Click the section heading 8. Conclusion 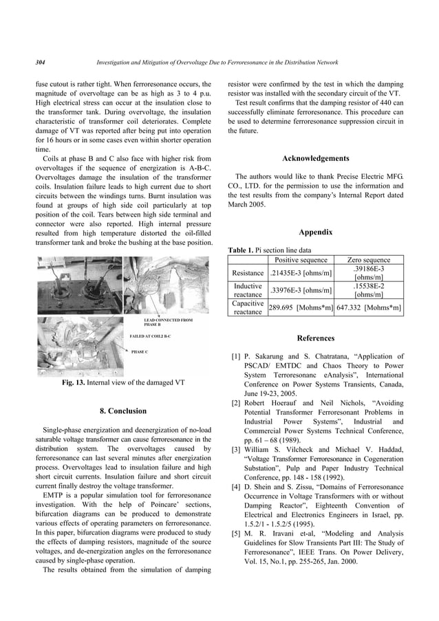coord(123,411)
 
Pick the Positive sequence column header coord(301,260)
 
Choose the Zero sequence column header coord(369,260)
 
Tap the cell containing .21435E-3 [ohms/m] coord(301,273)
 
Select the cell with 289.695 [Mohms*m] coord(301,307)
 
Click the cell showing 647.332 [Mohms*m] coord(369,307)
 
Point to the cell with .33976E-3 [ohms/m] coord(301,290)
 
